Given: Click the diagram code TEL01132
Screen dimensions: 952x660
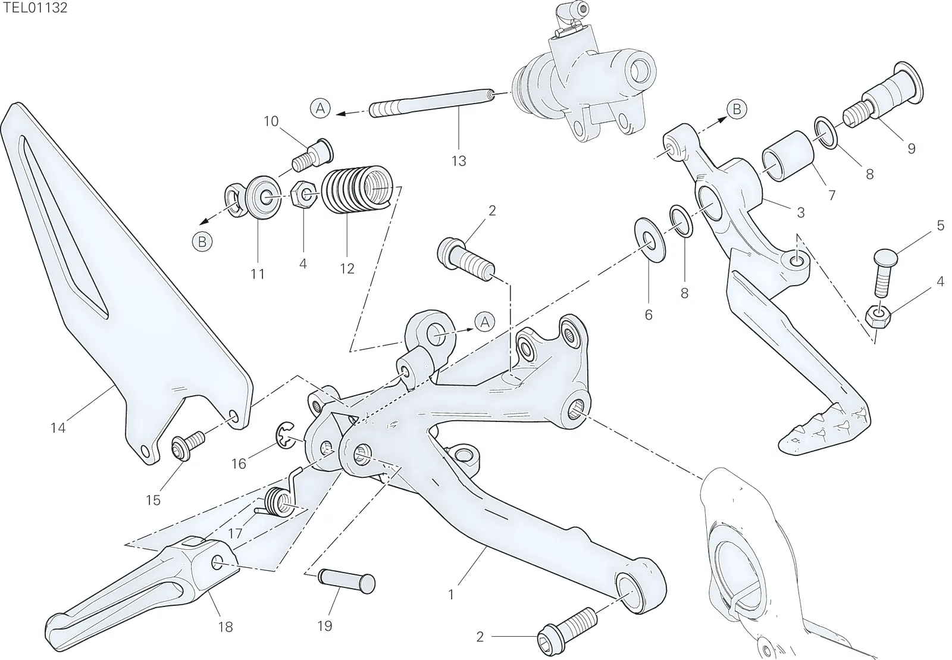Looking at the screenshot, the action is (x=35, y=8).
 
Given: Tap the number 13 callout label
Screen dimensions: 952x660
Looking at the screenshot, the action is (x=459, y=161).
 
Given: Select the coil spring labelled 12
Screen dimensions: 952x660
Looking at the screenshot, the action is (x=356, y=189).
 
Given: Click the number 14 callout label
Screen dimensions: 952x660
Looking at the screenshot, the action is (x=58, y=427).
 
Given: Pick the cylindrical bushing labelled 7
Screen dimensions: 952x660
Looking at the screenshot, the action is (x=788, y=157).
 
